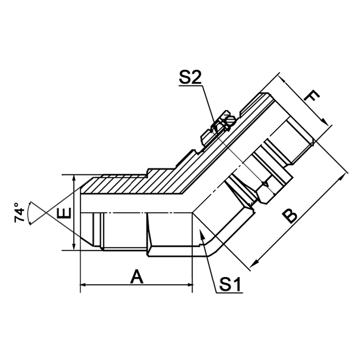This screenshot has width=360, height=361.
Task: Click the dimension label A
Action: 136,277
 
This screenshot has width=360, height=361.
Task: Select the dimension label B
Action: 289,216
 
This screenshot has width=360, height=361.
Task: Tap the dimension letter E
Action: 64,212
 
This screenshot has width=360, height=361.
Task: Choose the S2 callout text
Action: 191,78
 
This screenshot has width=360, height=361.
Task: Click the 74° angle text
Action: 19,213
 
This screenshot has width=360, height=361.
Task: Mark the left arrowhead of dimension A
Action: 83,286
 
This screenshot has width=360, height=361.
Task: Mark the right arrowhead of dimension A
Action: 190,286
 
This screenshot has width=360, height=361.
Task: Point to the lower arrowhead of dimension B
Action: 254,264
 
